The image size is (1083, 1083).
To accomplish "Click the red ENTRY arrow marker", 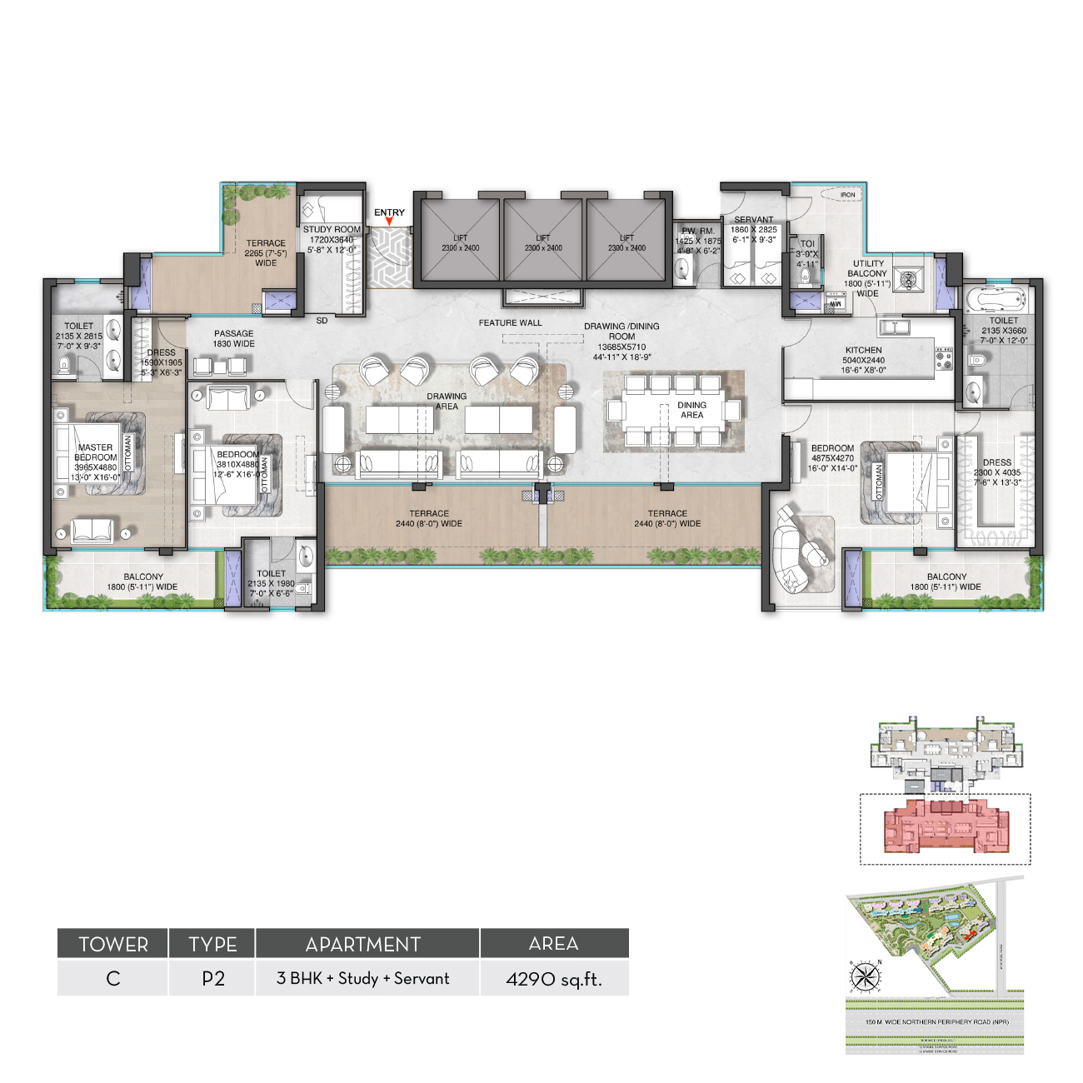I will [389, 222].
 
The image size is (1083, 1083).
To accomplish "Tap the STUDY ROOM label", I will [332, 230].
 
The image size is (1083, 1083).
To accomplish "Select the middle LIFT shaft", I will [543, 242].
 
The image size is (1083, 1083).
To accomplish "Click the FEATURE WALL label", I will [510, 323].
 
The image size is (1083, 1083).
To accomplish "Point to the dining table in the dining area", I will [673, 410].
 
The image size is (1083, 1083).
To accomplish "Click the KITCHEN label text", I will [863, 351].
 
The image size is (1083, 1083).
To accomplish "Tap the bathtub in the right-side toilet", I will [997, 298].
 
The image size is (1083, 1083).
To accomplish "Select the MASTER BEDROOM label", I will [95, 452].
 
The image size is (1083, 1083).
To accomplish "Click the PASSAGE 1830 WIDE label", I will [233, 338].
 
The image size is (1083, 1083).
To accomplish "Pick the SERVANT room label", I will [753, 220].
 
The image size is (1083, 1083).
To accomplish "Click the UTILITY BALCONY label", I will [867, 268].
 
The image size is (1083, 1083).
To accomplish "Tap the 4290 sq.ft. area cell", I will [554, 979].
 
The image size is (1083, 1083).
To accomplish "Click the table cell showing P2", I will [212, 979].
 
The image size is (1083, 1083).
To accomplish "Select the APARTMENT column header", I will [363, 944].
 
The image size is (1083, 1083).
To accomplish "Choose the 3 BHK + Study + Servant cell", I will [363, 979].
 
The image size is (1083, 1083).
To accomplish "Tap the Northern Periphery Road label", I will [936, 1022].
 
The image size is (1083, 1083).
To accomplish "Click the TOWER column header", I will [113, 944].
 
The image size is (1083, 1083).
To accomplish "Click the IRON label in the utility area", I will [847, 195].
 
